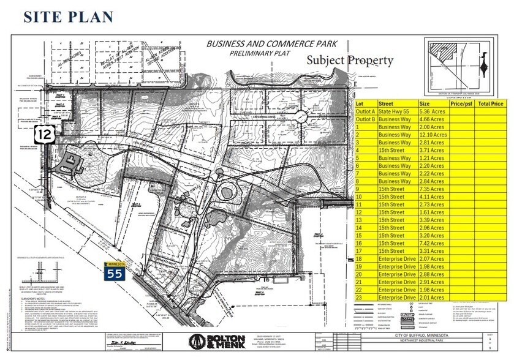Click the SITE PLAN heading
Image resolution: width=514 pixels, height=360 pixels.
point(69,16)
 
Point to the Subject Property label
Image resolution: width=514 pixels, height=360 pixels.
point(350,61)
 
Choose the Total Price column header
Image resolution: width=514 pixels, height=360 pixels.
point(491,104)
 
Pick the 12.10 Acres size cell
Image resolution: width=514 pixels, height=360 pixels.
point(432,135)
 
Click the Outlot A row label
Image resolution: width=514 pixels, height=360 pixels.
point(366,112)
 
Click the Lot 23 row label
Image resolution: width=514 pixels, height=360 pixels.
point(360,297)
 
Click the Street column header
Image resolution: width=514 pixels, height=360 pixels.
point(386,104)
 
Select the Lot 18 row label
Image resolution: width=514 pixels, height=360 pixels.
point(360,258)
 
